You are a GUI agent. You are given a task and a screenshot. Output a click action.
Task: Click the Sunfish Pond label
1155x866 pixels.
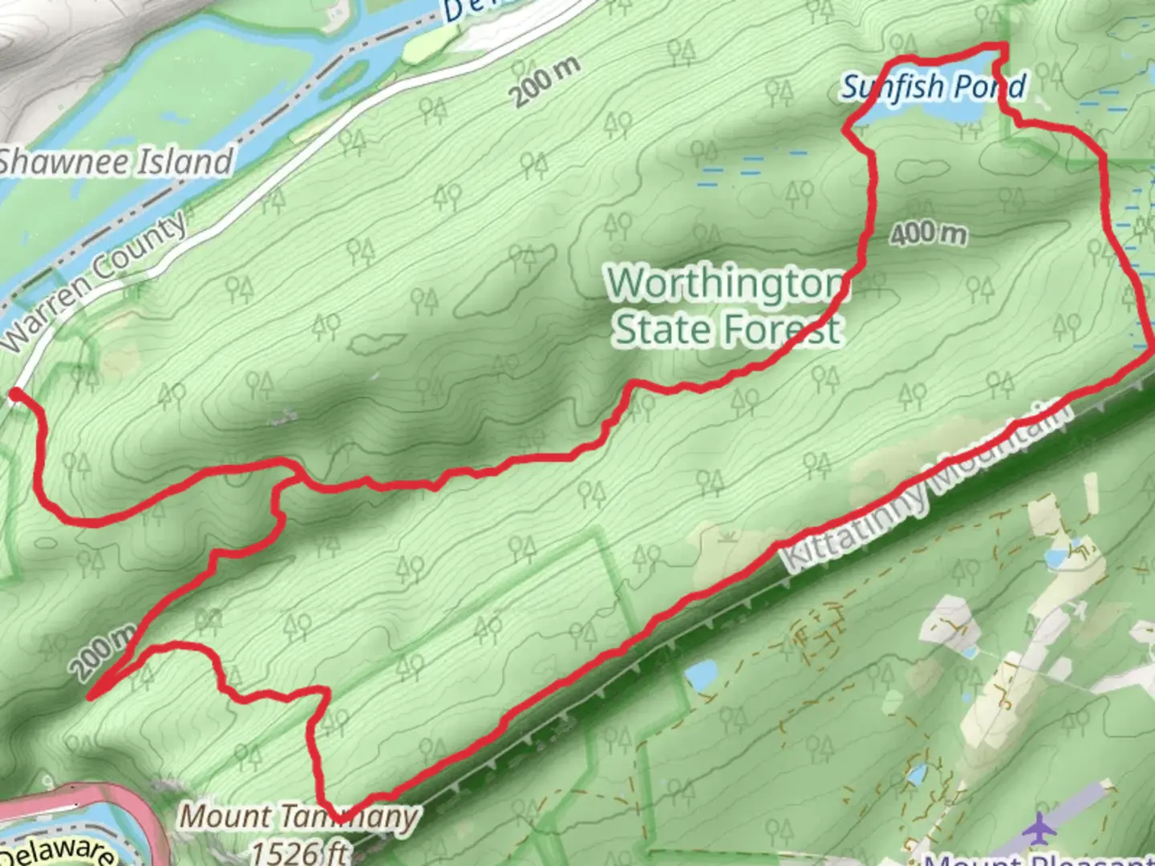pos(933,87)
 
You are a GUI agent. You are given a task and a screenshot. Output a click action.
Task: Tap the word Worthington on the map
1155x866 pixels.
pos(726,284)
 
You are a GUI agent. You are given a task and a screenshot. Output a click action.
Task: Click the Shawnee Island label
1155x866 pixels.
pos(116,162)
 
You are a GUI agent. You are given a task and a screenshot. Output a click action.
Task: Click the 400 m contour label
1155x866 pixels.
pos(928,233)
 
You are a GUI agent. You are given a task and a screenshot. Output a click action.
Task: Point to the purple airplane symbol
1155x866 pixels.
pos(1040,828)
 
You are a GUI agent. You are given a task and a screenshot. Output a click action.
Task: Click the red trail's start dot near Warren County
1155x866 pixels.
pos(15,394)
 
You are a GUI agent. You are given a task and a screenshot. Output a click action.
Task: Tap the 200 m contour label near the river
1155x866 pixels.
pos(545,82)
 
